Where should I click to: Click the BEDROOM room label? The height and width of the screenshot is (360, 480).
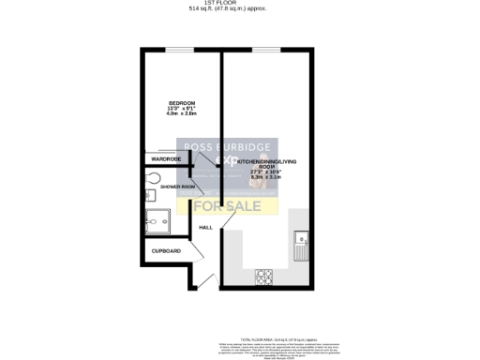pos(181,102)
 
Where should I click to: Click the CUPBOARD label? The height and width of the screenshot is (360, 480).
pos(167,251)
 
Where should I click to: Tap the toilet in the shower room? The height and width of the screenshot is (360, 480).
pos(153,178)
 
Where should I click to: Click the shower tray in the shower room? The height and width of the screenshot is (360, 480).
pos(157,222)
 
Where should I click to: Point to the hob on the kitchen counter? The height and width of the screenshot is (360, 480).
pos(264,276)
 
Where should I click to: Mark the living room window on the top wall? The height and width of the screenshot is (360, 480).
pos(265,49)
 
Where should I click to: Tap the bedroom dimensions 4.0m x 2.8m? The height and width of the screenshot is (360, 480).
pos(181,114)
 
